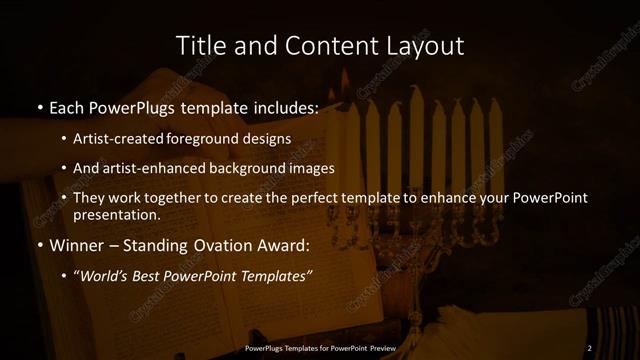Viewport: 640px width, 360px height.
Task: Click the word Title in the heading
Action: [x=198, y=46]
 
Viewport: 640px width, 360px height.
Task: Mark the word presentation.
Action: [x=116, y=214]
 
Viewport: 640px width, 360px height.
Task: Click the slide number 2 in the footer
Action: [x=589, y=347]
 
